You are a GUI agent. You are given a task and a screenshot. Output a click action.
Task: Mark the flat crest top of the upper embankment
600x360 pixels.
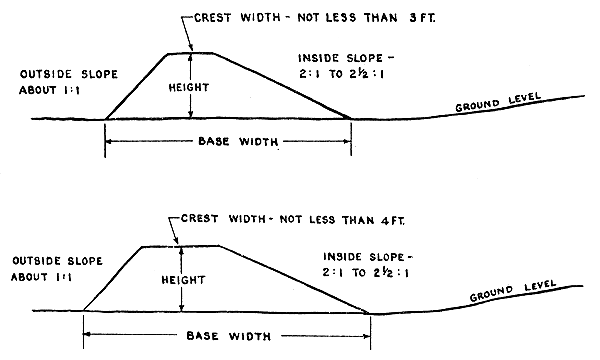pyautogui.click(x=191, y=52)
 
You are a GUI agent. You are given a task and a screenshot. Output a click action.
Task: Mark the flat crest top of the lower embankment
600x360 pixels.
pyautogui.click(x=180, y=245)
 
